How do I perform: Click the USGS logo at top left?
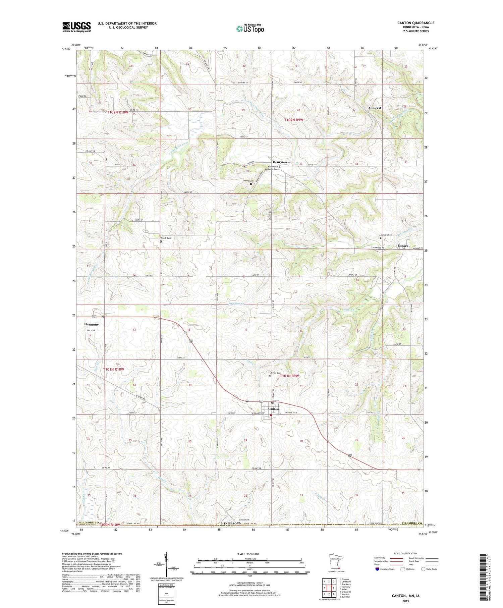(76, 27)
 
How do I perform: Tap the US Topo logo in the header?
(250, 29)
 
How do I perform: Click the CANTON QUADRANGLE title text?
(415, 23)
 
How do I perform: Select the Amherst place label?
(375, 108)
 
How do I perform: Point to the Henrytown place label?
(281, 162)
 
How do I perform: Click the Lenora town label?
(403, 246)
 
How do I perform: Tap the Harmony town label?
(91, 324)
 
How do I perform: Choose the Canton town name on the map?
(274, 409)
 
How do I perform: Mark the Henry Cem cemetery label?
(248, 181)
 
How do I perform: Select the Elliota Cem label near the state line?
(243, 520)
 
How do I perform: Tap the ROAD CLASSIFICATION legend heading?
(406, 553)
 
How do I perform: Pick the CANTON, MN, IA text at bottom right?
(405, 596)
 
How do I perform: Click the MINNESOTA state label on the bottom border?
(231, 523)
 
